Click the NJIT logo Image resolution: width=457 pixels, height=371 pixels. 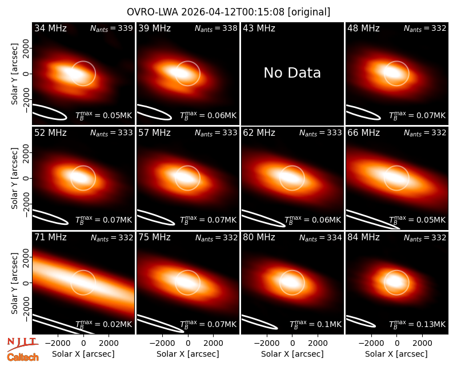click(x=22, y=344)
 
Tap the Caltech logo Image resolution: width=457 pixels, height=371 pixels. click(x=23, y=357)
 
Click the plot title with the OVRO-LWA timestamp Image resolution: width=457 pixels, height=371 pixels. click(x=228, y=12)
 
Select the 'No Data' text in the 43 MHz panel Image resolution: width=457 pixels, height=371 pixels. click(x=292, y=73)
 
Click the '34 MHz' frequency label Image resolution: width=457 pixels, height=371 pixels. click(x=50, y=28)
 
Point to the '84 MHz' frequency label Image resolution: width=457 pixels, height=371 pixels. click(x=363, y=237)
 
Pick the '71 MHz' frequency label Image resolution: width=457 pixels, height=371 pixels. click(x=50, y=237)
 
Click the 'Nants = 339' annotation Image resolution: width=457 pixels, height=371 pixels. click(x=111, y=29)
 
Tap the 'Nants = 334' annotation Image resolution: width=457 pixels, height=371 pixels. click(x=320, y=238)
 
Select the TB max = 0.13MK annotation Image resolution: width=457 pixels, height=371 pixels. click(x=418, y=324)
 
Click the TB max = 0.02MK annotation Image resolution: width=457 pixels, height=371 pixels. click(x=104, y=324)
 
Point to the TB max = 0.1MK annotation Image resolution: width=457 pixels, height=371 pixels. click(x=315, y=324)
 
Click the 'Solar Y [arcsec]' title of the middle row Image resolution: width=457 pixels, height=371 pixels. click(x=14, y=178)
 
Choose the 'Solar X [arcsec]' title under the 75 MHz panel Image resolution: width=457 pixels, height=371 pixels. click(x=188, y=354)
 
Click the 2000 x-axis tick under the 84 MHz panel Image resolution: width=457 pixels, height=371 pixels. click(x=422, y=343)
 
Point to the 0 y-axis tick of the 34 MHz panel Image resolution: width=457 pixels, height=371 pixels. click(x=26, y=74)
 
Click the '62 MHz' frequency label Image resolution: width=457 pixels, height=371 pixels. click(x=259, y=133)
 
